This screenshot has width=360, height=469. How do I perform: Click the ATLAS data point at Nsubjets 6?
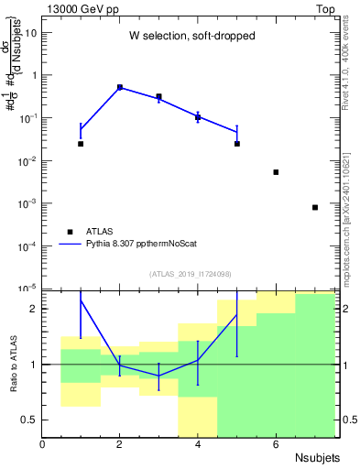click(276, 172)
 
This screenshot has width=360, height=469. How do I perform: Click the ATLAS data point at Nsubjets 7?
click(314, 207)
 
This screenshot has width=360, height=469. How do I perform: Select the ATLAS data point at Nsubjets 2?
click(120, 87)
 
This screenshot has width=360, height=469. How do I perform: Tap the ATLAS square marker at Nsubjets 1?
click(81, 144)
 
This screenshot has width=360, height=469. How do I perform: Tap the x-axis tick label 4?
click(198, 444)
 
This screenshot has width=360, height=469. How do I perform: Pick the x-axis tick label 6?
click(276, 444)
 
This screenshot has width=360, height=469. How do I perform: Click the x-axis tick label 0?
click(42, 444)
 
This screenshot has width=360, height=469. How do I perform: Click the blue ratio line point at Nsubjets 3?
click(158, 376)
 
